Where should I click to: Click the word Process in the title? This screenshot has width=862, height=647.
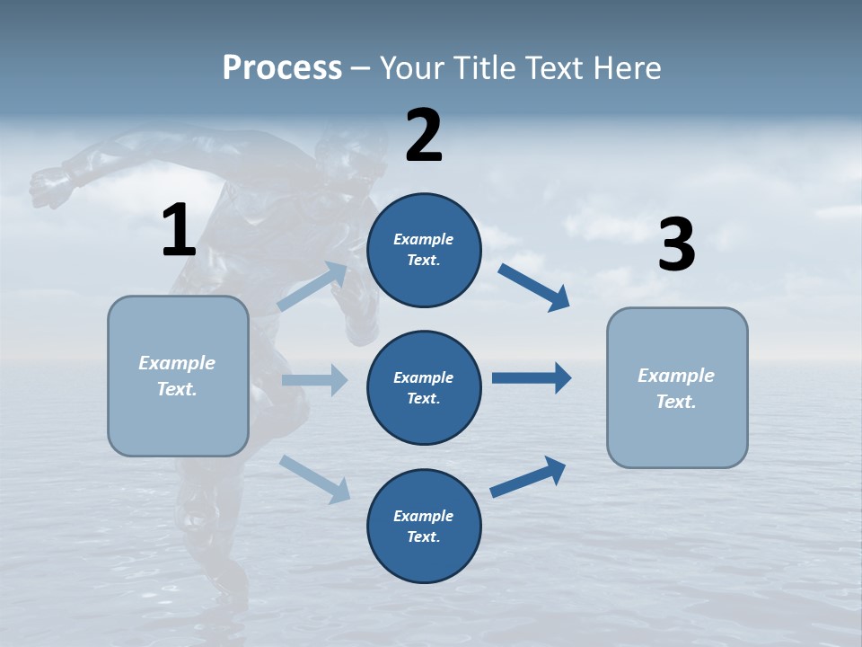tap(282, 67)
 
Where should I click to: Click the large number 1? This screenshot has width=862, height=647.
tap(179, 231)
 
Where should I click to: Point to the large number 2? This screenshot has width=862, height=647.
tap(424, 136)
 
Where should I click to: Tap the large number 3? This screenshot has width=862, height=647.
tap(676, 245)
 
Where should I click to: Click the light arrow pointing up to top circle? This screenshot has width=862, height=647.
tap(312, 287)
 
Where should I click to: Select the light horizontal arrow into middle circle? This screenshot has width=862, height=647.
tap(314, 379)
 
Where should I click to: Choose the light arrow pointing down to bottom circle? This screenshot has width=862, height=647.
tap(314, 478)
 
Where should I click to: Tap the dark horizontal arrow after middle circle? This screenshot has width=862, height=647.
tap(532, 378)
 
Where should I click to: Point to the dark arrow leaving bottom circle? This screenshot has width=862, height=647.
tap(528, 476)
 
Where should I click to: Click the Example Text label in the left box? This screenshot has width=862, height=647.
tap(177, 376)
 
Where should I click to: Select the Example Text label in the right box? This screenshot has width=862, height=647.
tap(676, 388)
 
